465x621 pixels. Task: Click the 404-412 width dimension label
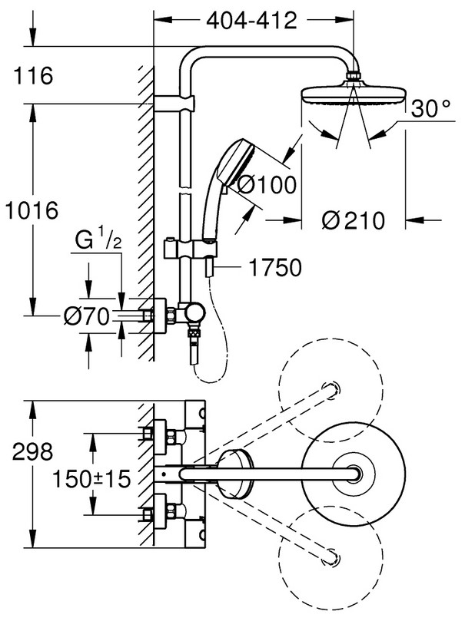tap(251, 21)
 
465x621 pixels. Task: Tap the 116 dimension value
tap(32, 76)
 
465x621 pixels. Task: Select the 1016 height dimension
tap(32, 210)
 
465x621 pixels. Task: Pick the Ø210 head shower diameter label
tap(354, 220)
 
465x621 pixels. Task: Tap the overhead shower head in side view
tap(350, 94)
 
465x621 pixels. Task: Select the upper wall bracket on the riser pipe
tap(175, 103)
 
